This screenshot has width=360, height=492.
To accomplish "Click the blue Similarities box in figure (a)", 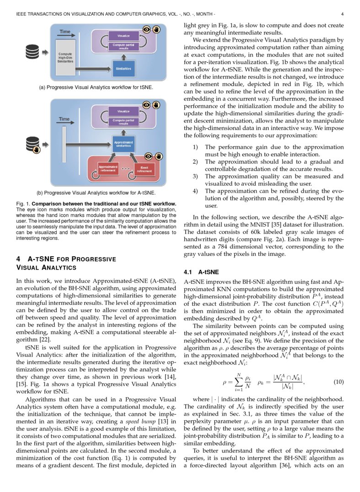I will [124, 68].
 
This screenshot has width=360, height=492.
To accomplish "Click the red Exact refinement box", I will [145, 170].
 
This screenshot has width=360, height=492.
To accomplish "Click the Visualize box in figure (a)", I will [123, 35].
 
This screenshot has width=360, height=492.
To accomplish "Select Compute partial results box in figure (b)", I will [123, 121].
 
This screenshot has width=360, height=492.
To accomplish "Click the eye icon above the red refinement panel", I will [146, 157].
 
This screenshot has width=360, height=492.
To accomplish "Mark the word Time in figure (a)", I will [64, 32].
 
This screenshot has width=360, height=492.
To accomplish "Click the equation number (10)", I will [338, 382].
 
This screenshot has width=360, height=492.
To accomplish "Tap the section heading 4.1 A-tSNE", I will [201, 272].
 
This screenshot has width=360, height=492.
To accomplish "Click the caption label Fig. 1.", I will [22, 203].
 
